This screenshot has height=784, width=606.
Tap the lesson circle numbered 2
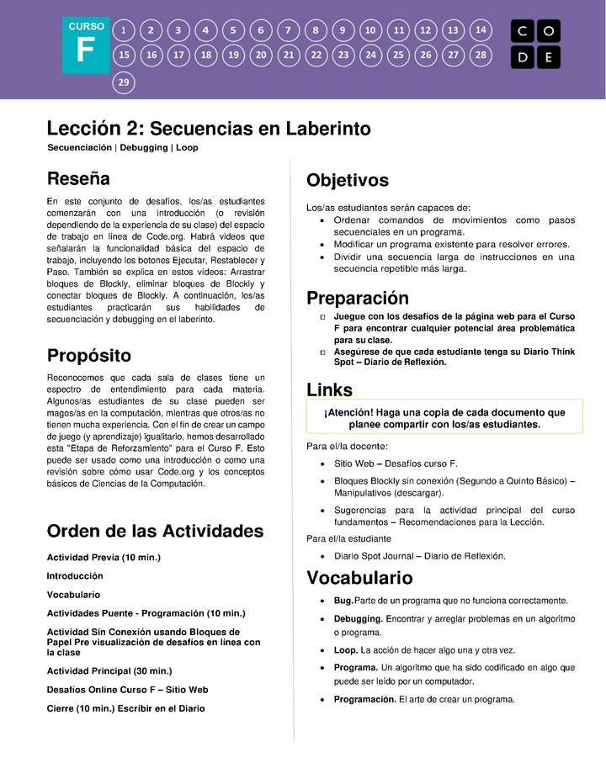(151, 30)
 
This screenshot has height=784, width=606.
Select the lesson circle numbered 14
(481, 30)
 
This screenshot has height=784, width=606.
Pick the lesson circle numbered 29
(124, 82)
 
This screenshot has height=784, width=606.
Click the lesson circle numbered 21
(289, 56)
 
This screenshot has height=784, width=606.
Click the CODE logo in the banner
(535, 44)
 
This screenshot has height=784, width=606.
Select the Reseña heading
(78, 178)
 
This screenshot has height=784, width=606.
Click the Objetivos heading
(347, 181)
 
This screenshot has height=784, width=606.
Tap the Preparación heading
(357, 298)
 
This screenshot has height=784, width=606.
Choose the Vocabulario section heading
(359, 578)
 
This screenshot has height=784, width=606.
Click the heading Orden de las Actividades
(155, 531)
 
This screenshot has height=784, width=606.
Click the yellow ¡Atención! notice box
(444, 418)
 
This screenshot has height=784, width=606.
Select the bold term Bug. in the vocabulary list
(343, 601)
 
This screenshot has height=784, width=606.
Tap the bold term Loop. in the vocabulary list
(345, 650)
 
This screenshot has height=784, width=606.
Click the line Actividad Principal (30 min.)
(109, 670)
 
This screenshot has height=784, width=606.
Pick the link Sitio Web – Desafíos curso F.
(396, 464)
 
